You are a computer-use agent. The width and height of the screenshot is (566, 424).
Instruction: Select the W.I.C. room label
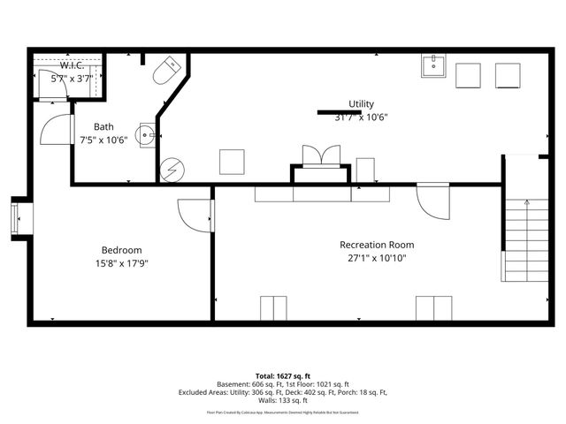click(x=71, y=65)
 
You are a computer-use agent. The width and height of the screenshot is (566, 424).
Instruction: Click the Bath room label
click(x=103, y=126)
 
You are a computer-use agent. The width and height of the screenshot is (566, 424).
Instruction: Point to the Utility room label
click(x=361, y=103)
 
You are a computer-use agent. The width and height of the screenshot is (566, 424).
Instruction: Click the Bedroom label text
click(x=121, y=250)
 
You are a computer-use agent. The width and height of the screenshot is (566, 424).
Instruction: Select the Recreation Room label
click(x=377, y=245)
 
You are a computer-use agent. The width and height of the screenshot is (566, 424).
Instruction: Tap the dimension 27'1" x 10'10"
click(x=377, y=259)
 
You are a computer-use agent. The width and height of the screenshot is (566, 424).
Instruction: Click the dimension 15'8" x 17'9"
click(x=121, y=263)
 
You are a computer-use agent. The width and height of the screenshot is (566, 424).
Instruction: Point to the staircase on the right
click(x=525, y=238)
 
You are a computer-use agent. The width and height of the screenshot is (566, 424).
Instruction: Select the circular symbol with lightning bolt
click(x=170, y=169)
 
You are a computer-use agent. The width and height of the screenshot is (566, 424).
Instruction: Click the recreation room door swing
click(x=433, y=202)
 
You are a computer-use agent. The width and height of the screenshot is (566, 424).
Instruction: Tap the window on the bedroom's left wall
click(x=15, y=218)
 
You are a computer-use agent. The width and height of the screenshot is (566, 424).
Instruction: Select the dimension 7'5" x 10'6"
click(x=103, y=140)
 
